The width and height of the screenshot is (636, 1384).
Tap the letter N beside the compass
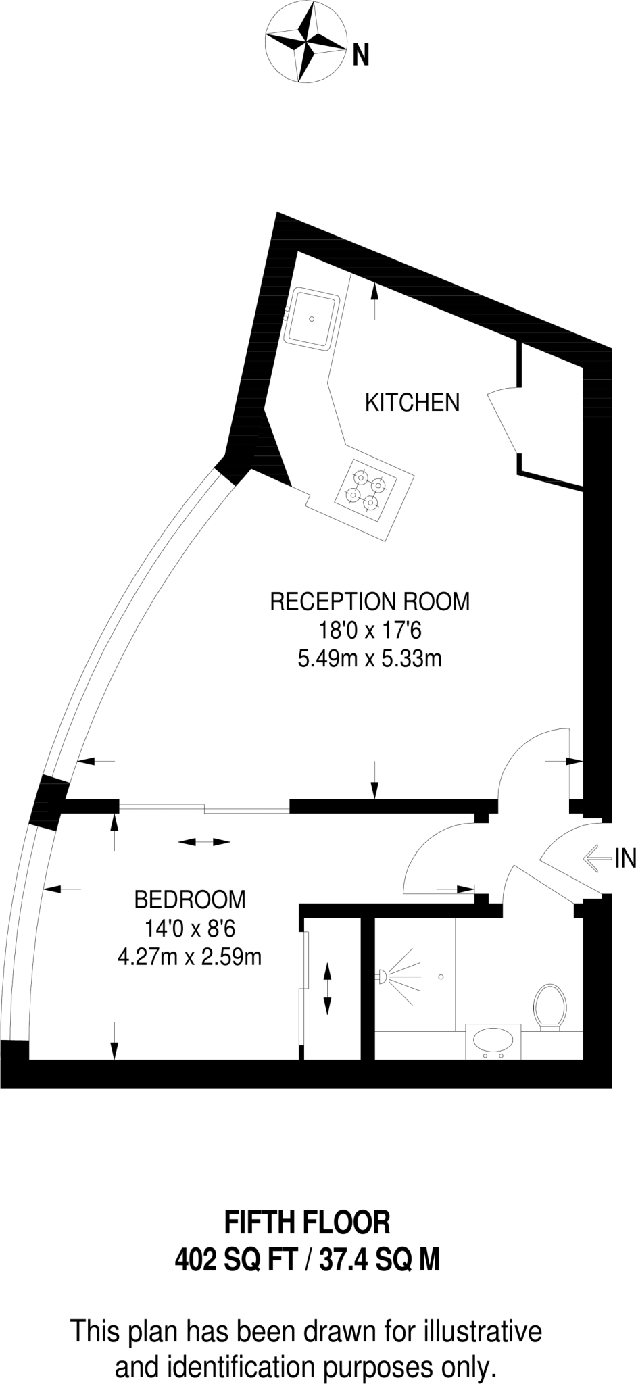[x=361, y=55]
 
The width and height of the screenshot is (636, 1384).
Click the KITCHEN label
[x=412, y=403]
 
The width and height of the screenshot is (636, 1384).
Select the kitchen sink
[x=311, y=317]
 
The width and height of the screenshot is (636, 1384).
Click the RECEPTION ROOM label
[x=370, y=601]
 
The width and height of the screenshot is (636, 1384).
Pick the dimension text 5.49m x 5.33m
[x=370, y=658]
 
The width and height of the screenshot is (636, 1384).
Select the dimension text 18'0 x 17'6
[x=370, y=631]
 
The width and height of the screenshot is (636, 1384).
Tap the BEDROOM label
[x=190, y=899]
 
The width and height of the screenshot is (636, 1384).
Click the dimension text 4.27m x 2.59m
[x=190, y=957]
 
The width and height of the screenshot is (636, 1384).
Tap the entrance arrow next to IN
[x=598, y=858]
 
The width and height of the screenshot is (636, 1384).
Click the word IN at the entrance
[x=625, y=859]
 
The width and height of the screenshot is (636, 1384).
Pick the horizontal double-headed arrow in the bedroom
[x=203, y=842]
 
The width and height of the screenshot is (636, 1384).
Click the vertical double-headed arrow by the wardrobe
[x=328, y=989]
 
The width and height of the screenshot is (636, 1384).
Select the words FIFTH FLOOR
[x=308, y=1222]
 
